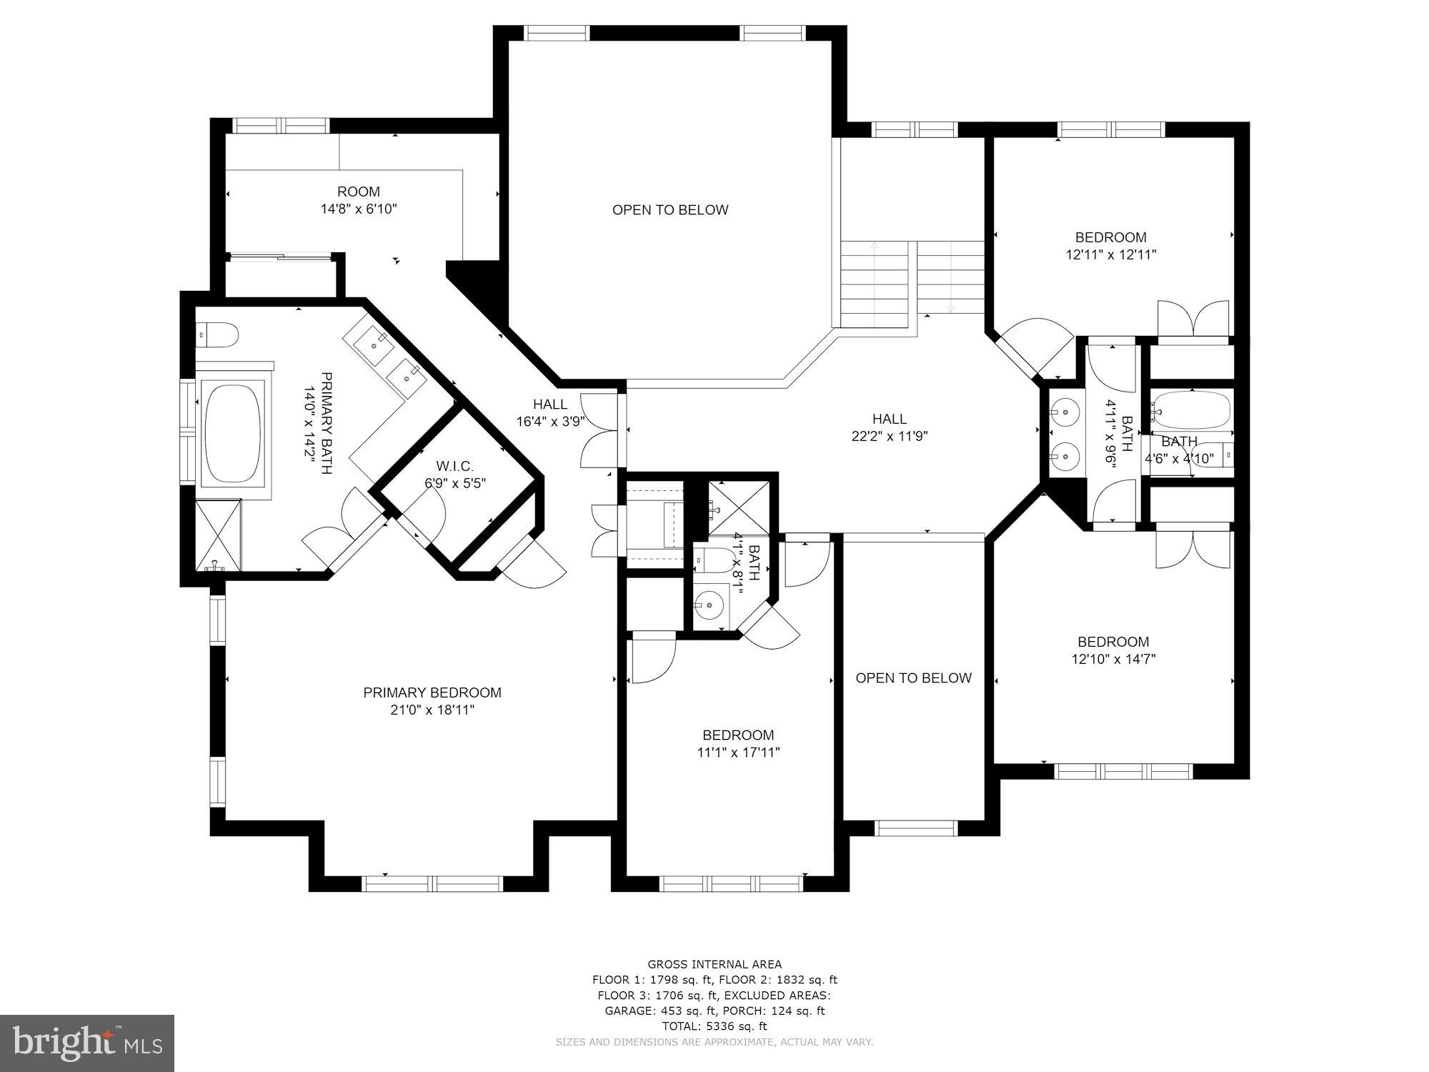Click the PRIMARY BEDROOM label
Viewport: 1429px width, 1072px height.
432,693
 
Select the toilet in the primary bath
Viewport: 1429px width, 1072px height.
217,334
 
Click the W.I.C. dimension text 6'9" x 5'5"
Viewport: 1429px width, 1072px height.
455,483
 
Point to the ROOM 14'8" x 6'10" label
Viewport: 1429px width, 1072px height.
359,200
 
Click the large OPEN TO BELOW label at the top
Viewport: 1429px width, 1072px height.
670,209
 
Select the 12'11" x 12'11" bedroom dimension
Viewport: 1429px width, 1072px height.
1110,254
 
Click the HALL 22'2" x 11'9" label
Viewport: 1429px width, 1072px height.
889,427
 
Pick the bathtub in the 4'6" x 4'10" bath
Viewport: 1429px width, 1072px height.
1192,410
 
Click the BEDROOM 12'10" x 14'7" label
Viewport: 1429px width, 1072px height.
1113,650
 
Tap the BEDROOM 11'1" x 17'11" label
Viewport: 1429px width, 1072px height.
738,743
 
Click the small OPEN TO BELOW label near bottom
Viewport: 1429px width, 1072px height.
913,678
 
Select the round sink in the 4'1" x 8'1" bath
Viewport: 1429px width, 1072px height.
709,605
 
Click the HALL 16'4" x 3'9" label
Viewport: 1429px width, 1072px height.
550,413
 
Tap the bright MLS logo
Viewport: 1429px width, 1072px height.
87,1043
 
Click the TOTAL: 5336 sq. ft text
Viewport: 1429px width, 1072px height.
714,1026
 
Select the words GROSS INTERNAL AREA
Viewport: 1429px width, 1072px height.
714,964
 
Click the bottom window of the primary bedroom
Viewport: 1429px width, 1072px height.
434,884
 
